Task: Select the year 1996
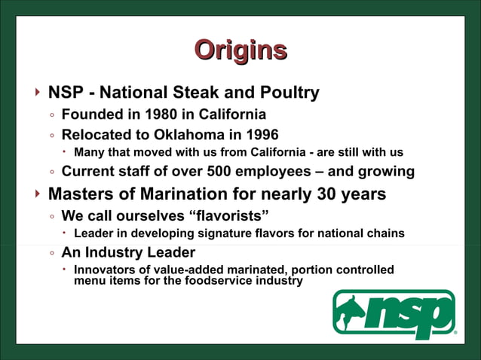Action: coord(263,135)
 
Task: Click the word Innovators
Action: coord(109,270)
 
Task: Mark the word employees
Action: coord(280,171)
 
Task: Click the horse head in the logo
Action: coord(354,310)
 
